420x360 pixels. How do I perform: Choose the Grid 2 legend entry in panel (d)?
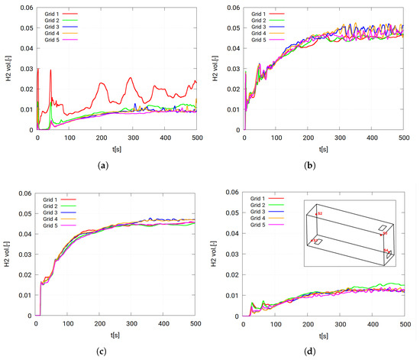(x=264, y=206)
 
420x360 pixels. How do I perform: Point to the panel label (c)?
(x=102, y=351)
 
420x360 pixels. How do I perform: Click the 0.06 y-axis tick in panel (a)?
(x=24, y=8)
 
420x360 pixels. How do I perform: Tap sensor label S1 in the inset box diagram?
(x=388, y=250)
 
